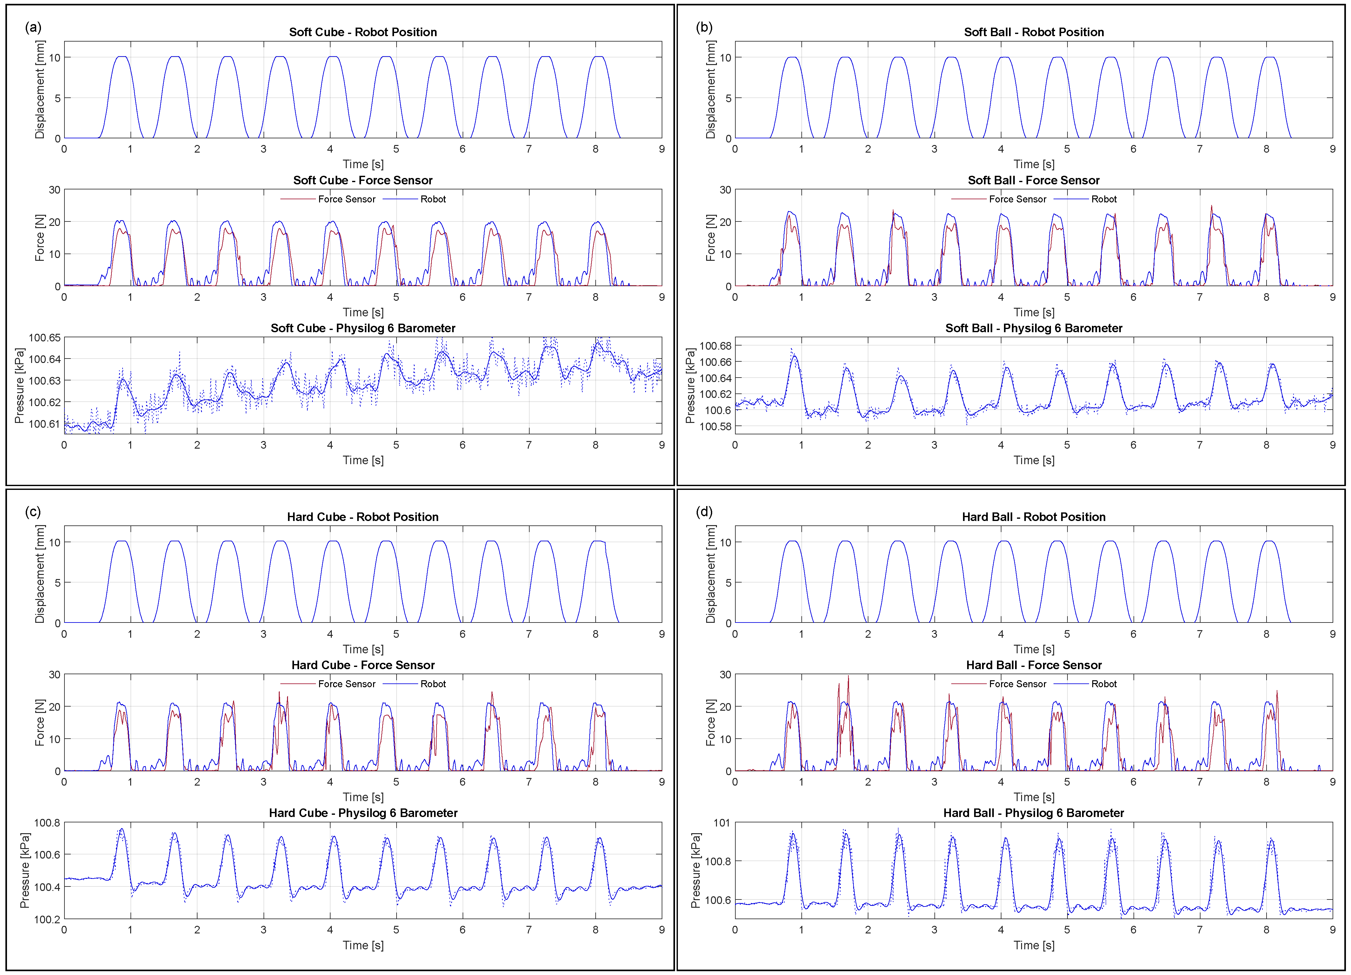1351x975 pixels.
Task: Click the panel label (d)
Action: [x=704, y=512]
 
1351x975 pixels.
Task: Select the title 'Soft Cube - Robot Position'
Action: [x=363, y=32]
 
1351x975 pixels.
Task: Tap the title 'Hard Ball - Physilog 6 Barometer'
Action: [x=1033, y=813]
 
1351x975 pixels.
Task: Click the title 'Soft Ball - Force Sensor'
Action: [x=1033, y=180]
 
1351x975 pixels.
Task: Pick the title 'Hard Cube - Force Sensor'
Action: [x=363, y=665]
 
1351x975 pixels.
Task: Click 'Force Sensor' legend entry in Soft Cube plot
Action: [x=346, y=199]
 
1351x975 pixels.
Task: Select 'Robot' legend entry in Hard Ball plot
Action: [x=1103, y=684]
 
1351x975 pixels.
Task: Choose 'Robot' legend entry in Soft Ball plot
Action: [x=1103, y=199]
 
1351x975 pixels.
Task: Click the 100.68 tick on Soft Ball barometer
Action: [x=715, y=346]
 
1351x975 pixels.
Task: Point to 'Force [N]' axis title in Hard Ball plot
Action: [x=710, y=723]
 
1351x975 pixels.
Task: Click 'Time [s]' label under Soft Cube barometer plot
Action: [x=363, y=460]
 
